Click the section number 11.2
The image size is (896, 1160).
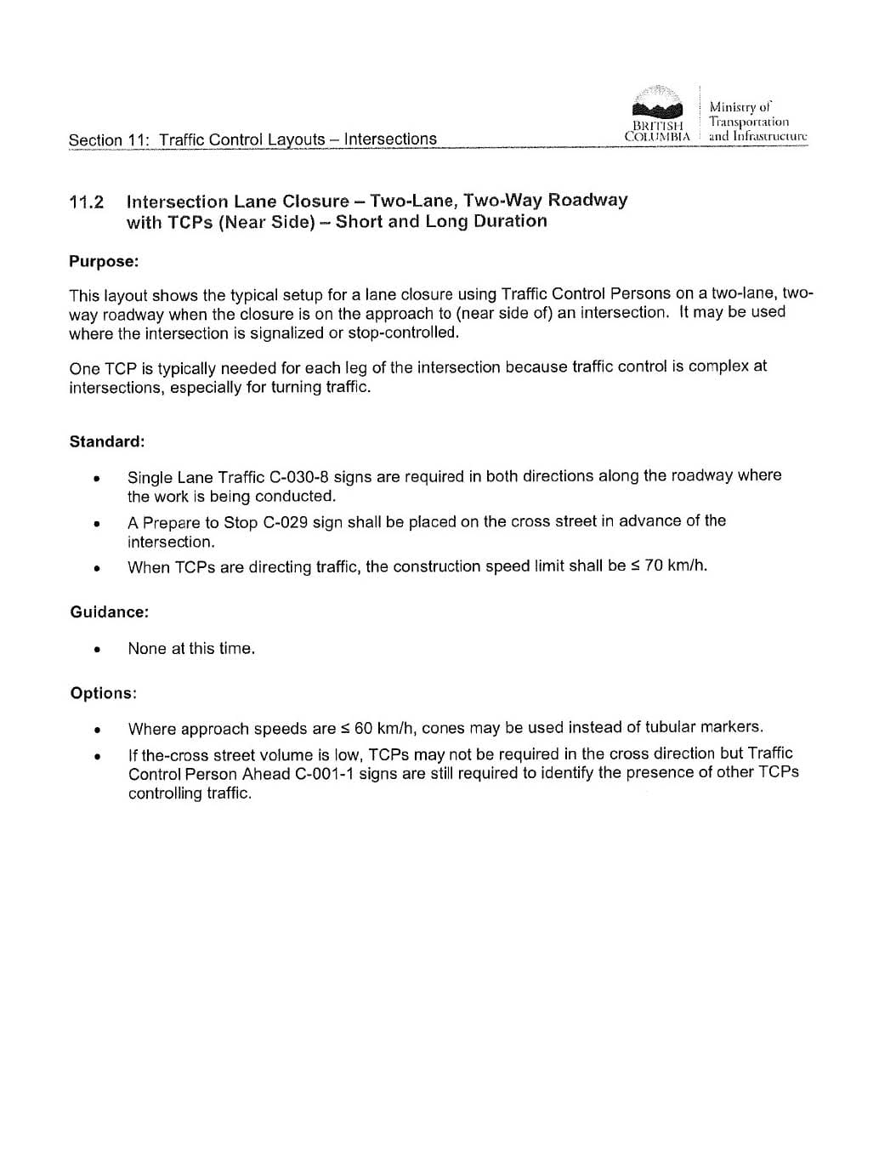tap(86, 202)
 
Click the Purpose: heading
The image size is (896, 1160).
tap(104, 262)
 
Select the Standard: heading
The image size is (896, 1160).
tap(107, 441)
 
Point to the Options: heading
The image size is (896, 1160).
tap(103, 693)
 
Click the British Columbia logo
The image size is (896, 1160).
tap(657, 115)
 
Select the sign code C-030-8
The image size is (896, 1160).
tap(298, 477)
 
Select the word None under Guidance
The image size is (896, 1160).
tap(147, 649)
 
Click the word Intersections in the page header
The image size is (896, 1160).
tap(390, 139)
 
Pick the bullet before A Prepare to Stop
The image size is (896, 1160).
tap(99, 524)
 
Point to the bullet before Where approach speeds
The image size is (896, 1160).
tap(99, 730)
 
